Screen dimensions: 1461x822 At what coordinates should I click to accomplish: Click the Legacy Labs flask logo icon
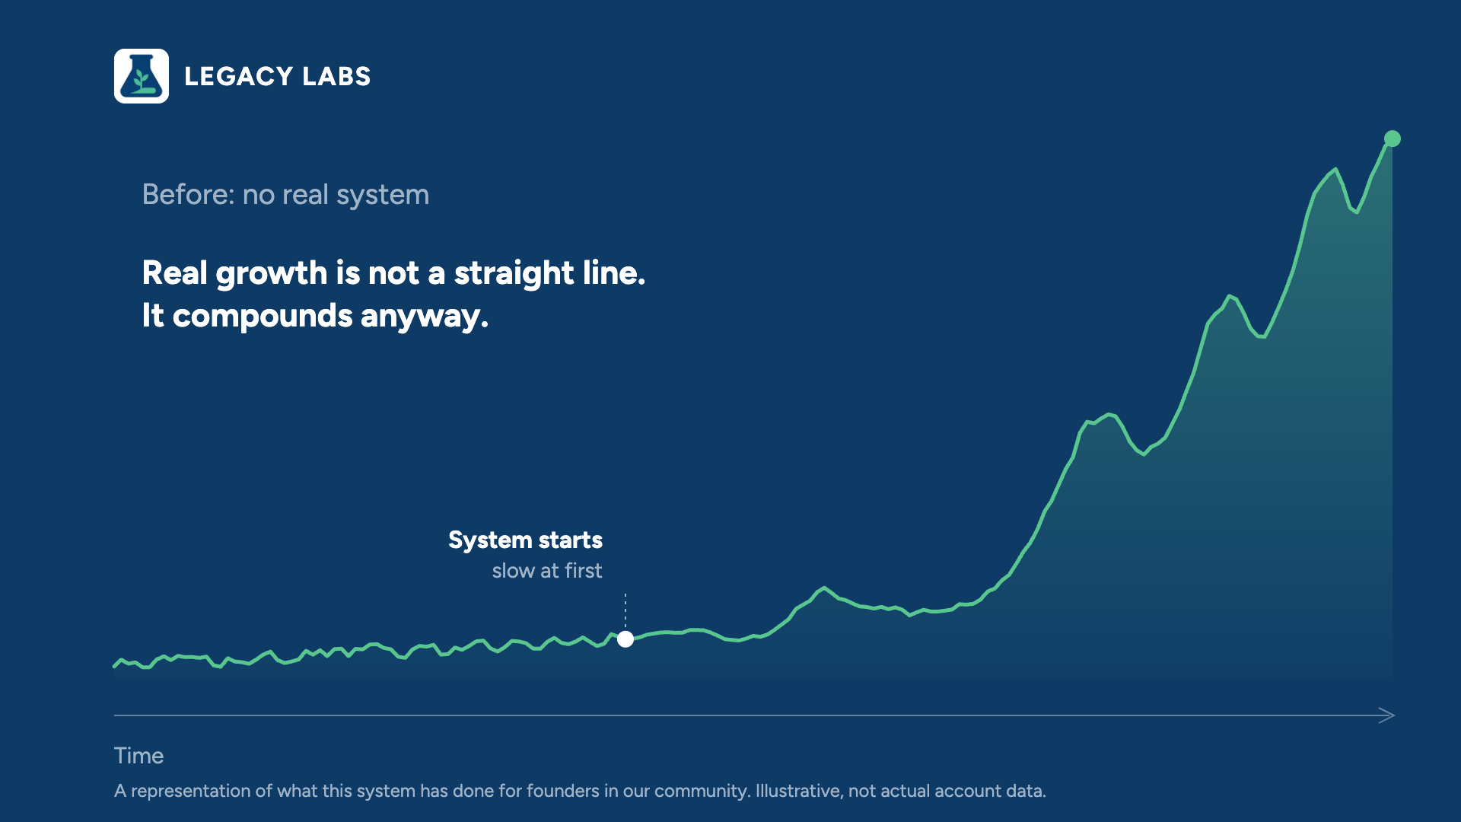click(142, 76)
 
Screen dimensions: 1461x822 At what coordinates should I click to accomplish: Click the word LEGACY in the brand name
click(238, 76)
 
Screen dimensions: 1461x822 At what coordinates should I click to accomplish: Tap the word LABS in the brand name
click(336, 76)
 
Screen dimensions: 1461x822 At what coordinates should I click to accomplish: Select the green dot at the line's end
click(1393, 139)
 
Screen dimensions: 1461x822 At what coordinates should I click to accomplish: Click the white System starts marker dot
click(625, 639)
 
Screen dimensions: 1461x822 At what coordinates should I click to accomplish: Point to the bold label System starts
click(525, 540)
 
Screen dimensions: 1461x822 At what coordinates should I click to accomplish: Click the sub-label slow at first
click(547, 571)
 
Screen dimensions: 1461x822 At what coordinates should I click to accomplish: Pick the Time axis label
click(138, 756)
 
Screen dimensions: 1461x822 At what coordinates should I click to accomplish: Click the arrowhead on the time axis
click(1388, 715)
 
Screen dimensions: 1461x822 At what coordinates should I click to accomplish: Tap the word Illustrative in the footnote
click(799, 791)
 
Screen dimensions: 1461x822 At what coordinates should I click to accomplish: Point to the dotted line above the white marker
click(625, 611)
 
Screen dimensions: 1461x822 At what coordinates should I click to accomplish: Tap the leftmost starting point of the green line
click(114, 666)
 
